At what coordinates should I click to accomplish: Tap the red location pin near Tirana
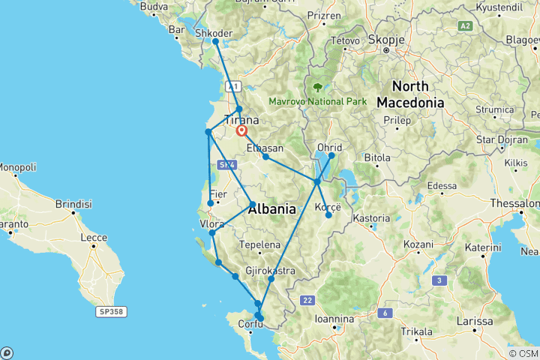tap(242, 130)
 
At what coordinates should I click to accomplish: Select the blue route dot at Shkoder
tap(215, 42)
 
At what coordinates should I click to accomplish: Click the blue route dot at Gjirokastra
tap(271, 279)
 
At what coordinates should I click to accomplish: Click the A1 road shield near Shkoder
tap(233, 85)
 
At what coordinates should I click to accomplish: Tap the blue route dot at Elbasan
tap(265, 157)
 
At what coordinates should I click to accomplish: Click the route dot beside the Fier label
tap(211, 202)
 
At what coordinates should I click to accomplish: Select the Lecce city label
tap(91, 238)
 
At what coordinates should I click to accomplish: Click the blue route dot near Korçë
tap(328, 215)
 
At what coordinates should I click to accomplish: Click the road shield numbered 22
tap(307, 300)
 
